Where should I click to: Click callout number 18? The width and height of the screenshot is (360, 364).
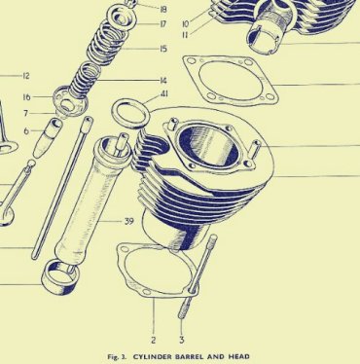tap(163, 9)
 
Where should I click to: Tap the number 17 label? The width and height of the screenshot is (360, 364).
tap(163, 24)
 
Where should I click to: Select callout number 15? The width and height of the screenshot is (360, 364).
tap(163, 49)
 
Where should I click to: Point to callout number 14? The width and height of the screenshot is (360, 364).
tap(163, 80)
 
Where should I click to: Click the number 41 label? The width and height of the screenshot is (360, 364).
tap(164, 94)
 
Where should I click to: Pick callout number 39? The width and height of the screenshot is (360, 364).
tap(129, 221)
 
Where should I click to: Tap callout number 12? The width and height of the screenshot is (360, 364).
tap(26, 76)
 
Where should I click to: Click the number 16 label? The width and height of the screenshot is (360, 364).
tap(27, 97)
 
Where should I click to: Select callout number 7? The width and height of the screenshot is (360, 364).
tap(26, 113)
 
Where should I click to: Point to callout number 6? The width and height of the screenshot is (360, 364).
tap(26, 131)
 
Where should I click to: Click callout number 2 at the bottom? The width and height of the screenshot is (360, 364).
tap(154, 340)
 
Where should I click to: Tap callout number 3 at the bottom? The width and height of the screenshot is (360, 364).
tap(182, 340)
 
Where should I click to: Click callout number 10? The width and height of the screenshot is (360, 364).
tap(186, 24)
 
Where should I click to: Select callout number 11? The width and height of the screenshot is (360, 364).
tap(185, 35)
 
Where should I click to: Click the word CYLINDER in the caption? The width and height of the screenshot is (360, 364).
tap(153, 357)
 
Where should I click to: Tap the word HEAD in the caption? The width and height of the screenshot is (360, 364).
tap(239, 357)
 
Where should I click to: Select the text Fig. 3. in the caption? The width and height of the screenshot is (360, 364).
tap(117, 357)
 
